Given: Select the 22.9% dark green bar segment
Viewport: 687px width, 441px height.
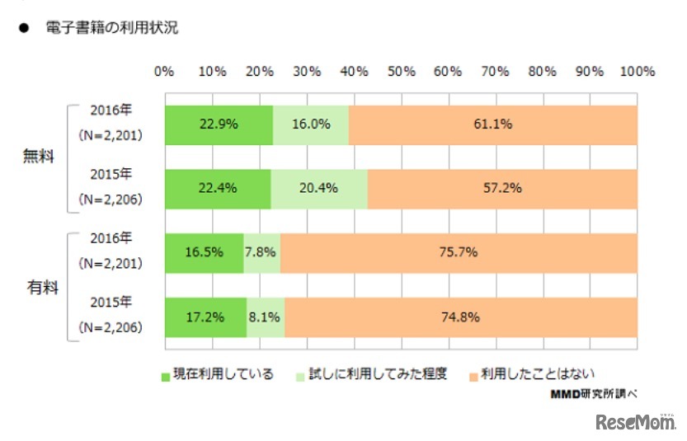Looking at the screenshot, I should tap(219, 125).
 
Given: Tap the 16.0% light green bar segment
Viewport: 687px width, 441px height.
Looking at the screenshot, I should tap(311, 125).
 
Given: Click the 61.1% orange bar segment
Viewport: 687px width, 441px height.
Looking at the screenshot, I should tap(492, 125).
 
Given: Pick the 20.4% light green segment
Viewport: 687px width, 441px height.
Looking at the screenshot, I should tap(318, 189).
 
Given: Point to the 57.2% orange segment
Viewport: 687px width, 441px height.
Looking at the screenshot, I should tap(501, 189).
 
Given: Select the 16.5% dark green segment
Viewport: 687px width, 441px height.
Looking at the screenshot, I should tap(204, 252).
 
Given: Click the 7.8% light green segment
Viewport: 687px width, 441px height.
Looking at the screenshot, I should tap(262, 252).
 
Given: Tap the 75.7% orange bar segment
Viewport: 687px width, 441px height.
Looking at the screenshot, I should tap(459, 252).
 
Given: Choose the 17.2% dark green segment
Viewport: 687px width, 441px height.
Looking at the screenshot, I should tap(205, 317).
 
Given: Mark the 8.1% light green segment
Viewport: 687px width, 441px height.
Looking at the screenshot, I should tap(266, 317).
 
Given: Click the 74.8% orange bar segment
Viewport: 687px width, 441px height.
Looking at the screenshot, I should tap(460, 317).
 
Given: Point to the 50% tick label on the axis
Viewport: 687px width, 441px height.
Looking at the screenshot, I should tap(401, 72).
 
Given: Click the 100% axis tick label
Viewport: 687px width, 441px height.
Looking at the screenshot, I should tap(637, 72).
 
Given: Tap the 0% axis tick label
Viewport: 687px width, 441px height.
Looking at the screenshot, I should tap(164, 72).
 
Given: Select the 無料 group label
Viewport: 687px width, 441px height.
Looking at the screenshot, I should tap(38, 157).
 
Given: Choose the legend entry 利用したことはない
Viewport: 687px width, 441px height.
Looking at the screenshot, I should tap(531, 373).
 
